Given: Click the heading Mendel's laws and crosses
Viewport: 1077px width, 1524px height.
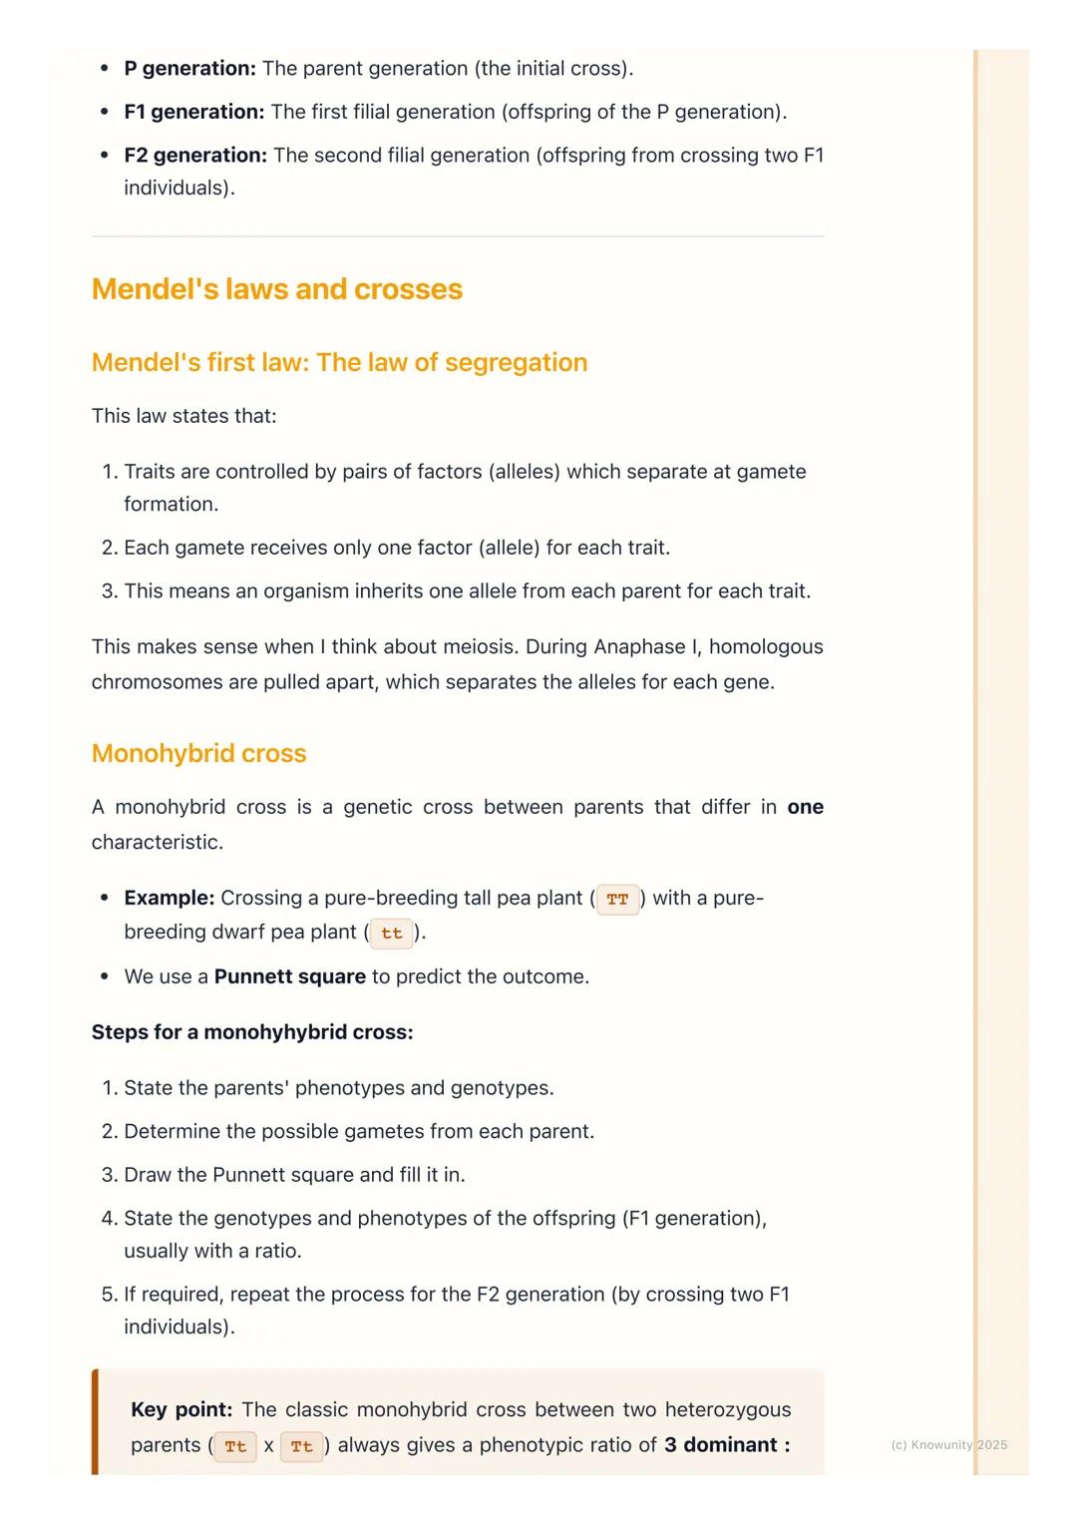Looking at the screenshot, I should (276, 289).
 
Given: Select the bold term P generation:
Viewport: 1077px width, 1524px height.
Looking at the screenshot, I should (189, 69).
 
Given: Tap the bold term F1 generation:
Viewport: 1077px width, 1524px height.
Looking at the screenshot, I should (193, 112).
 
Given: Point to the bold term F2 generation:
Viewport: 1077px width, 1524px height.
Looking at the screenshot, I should (195, 156).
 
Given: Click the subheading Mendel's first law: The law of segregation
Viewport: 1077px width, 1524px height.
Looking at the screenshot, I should (339, 363).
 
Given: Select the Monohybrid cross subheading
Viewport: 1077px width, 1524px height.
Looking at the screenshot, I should (198, 754).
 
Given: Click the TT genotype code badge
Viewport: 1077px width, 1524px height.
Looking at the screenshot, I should (617, 900).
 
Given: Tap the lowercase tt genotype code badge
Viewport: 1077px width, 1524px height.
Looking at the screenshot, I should (391, 934).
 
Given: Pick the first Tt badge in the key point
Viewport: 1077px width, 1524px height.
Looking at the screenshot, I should (235, 1446).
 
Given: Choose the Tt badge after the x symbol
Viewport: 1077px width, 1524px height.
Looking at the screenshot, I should (301, 1446).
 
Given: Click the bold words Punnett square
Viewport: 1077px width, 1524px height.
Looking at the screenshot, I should (289, 977).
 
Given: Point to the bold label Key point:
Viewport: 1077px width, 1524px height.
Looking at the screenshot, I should (181, 1410).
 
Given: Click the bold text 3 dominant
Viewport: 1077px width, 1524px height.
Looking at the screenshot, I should (720, 1445).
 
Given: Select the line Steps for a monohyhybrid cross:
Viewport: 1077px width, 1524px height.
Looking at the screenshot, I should (252, 1032).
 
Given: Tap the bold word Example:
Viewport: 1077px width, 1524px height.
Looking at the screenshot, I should (169, 899).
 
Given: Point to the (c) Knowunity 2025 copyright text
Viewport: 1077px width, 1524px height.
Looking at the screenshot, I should (948, 1445).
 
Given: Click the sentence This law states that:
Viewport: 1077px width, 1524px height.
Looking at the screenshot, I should (183, 417).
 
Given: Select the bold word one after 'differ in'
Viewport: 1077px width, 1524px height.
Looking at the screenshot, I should (805, 808).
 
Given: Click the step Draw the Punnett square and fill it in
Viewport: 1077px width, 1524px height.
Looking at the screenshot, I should (294, 1175).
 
